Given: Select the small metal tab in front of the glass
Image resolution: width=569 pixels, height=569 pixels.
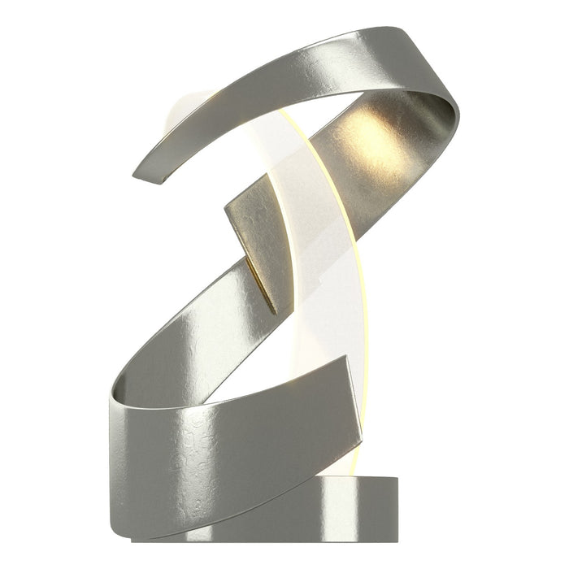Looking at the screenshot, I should (x=256, y=236).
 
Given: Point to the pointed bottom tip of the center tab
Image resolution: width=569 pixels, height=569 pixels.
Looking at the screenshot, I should (x=275, y=312).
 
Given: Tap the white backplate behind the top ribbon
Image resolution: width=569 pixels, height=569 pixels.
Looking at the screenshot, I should (x=183, y=114).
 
